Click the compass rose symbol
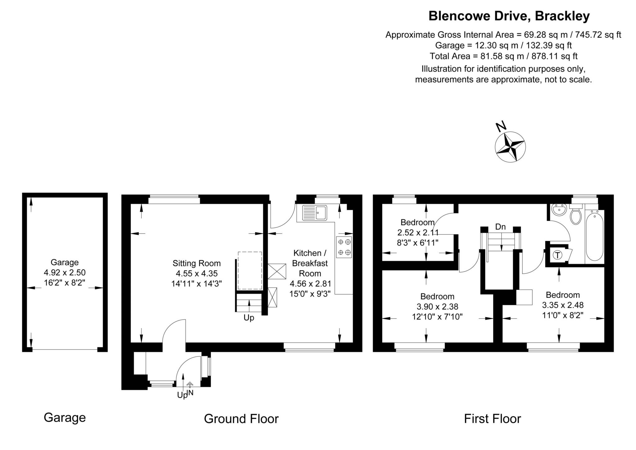pyautogui.click(x=510, y=147)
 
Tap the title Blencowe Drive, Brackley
pyautogui.click(x=509, y=16)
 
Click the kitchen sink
pyautogui.click(x=314, y=213)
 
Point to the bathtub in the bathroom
pyautogui.click(x=594, y=236)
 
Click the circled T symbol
pyautogui.click(x=558, y=255)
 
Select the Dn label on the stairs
pyautogui.click(x=500, y=227)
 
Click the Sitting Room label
pyautogui.click(x=197, y=263)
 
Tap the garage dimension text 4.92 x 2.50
pyautogui.click(x=65, y=273)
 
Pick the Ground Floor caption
pyautogui.click(x=241, y=419)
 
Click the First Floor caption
pyautogui.click(x=492, y=419)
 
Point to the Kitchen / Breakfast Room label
pyautogui.click(x=310, y=263)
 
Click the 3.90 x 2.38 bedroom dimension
pyautogui.click(x=437, y=307)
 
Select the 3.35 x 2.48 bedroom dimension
pyautogui.click(x=563, y=305)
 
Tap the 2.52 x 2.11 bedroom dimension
pyautogui.click(x=418, y=233)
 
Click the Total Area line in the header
pyautogui.click(x=503, y=56)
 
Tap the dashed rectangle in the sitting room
pyautogui.click(x=250, y=270)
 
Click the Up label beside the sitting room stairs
pyautogui.click(x=249, y=318)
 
